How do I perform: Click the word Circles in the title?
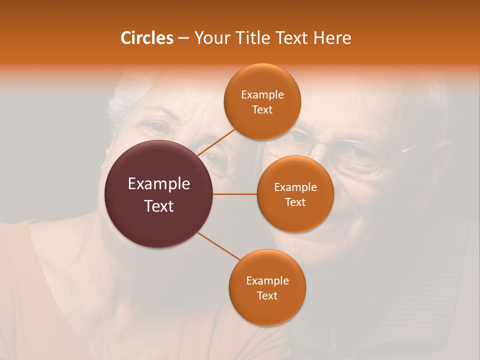[x=147, y=38]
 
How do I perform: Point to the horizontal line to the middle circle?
[x=235, y=194]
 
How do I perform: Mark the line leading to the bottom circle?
[x=219, y=246]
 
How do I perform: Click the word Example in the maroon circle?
[x=159, y=184]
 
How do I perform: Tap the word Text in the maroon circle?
[x=159, y=206]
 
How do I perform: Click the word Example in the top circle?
[x=262, y=94]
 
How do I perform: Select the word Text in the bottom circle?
[x=267, y=295]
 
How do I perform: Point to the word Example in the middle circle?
[x=295, y=187]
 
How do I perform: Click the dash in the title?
[x=183, y=38]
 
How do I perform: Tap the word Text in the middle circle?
[x=295, y=202]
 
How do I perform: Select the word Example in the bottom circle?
[x=267, y=280]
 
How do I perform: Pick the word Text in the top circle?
[x=262, y=109]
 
